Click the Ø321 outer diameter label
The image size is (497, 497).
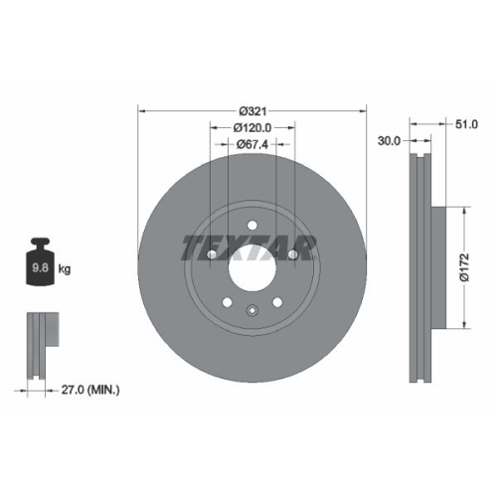[x=252, y=109]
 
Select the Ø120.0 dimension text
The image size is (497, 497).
[x=252, y=127]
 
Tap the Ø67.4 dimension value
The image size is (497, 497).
[x=252, y=144]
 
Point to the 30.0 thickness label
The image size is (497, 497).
[x=389, y=142]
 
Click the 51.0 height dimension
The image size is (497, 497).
[x=466, y=124]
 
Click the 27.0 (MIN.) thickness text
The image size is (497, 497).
[x=89, y=391]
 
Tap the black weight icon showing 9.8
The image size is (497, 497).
[x=40, y=262]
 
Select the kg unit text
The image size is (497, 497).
[x=65, y=269]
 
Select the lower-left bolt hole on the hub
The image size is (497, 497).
[x=227, y=303]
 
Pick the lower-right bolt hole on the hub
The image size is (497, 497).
[x=279, y=303]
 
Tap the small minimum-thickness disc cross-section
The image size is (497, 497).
[x=39, y=348]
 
